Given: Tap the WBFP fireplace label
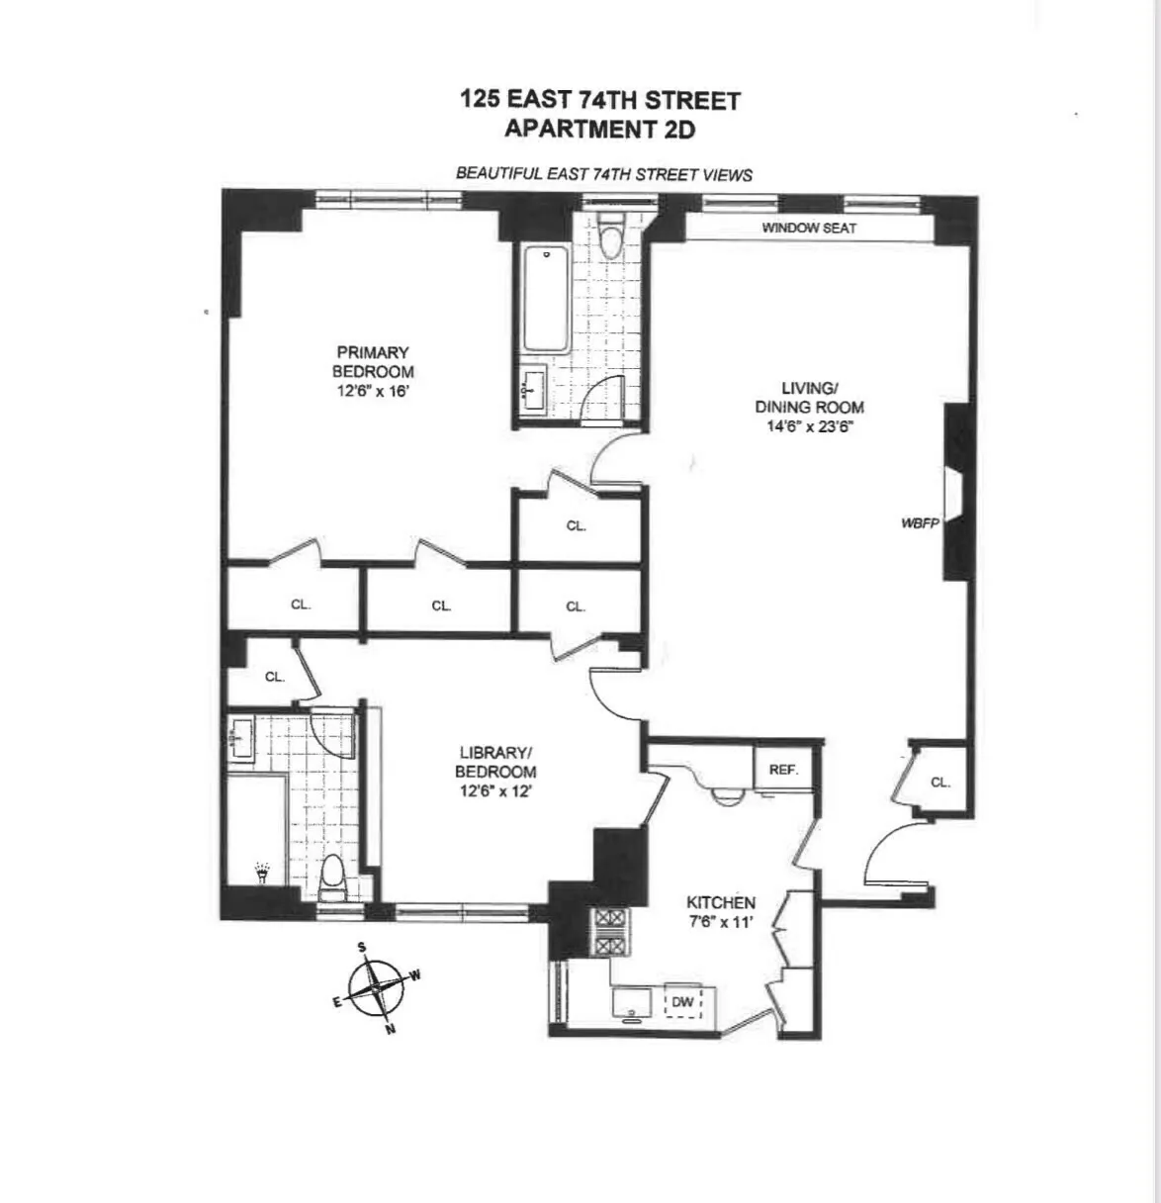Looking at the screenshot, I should point(919,521).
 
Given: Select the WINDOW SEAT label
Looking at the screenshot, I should point(809,229).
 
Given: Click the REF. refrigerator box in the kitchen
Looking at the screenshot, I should point(783,769).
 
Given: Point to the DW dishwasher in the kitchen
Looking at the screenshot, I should point(683,1002).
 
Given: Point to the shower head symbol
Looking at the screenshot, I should point(262,874).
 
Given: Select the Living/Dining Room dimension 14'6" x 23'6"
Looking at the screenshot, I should point(809,427).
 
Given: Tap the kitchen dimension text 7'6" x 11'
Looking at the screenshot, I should point(721,922).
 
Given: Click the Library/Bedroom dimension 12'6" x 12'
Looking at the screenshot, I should point(495,791).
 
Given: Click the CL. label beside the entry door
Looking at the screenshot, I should point(940,782).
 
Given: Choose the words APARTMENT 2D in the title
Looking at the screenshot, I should point(599,129).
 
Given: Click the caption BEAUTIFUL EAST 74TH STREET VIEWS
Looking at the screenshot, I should point(603,174).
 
